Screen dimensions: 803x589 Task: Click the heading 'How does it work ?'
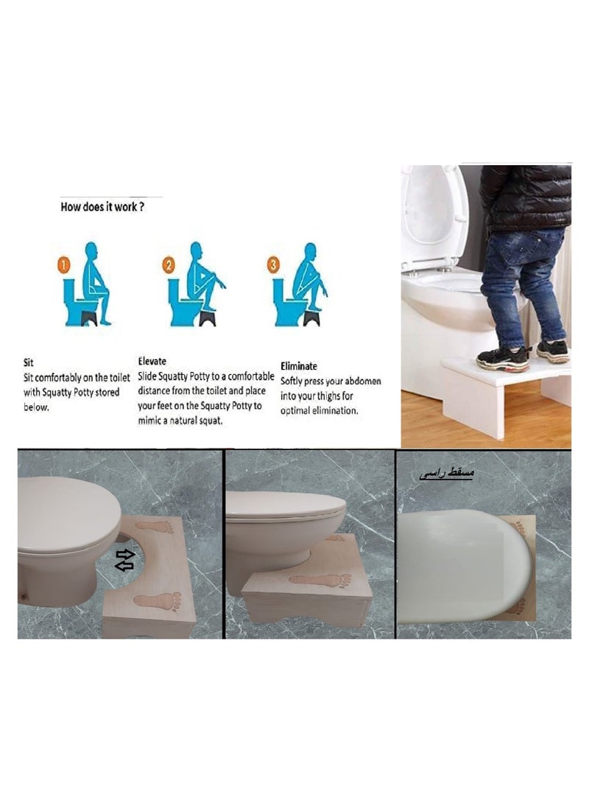102,207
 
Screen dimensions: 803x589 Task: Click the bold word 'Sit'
29,363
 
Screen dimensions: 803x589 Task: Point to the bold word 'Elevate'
152,361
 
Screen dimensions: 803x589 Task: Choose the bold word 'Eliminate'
299,365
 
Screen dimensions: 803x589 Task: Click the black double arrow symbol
125,560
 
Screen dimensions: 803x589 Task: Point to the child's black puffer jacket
524,196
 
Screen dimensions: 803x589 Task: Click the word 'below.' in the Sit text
37,407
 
